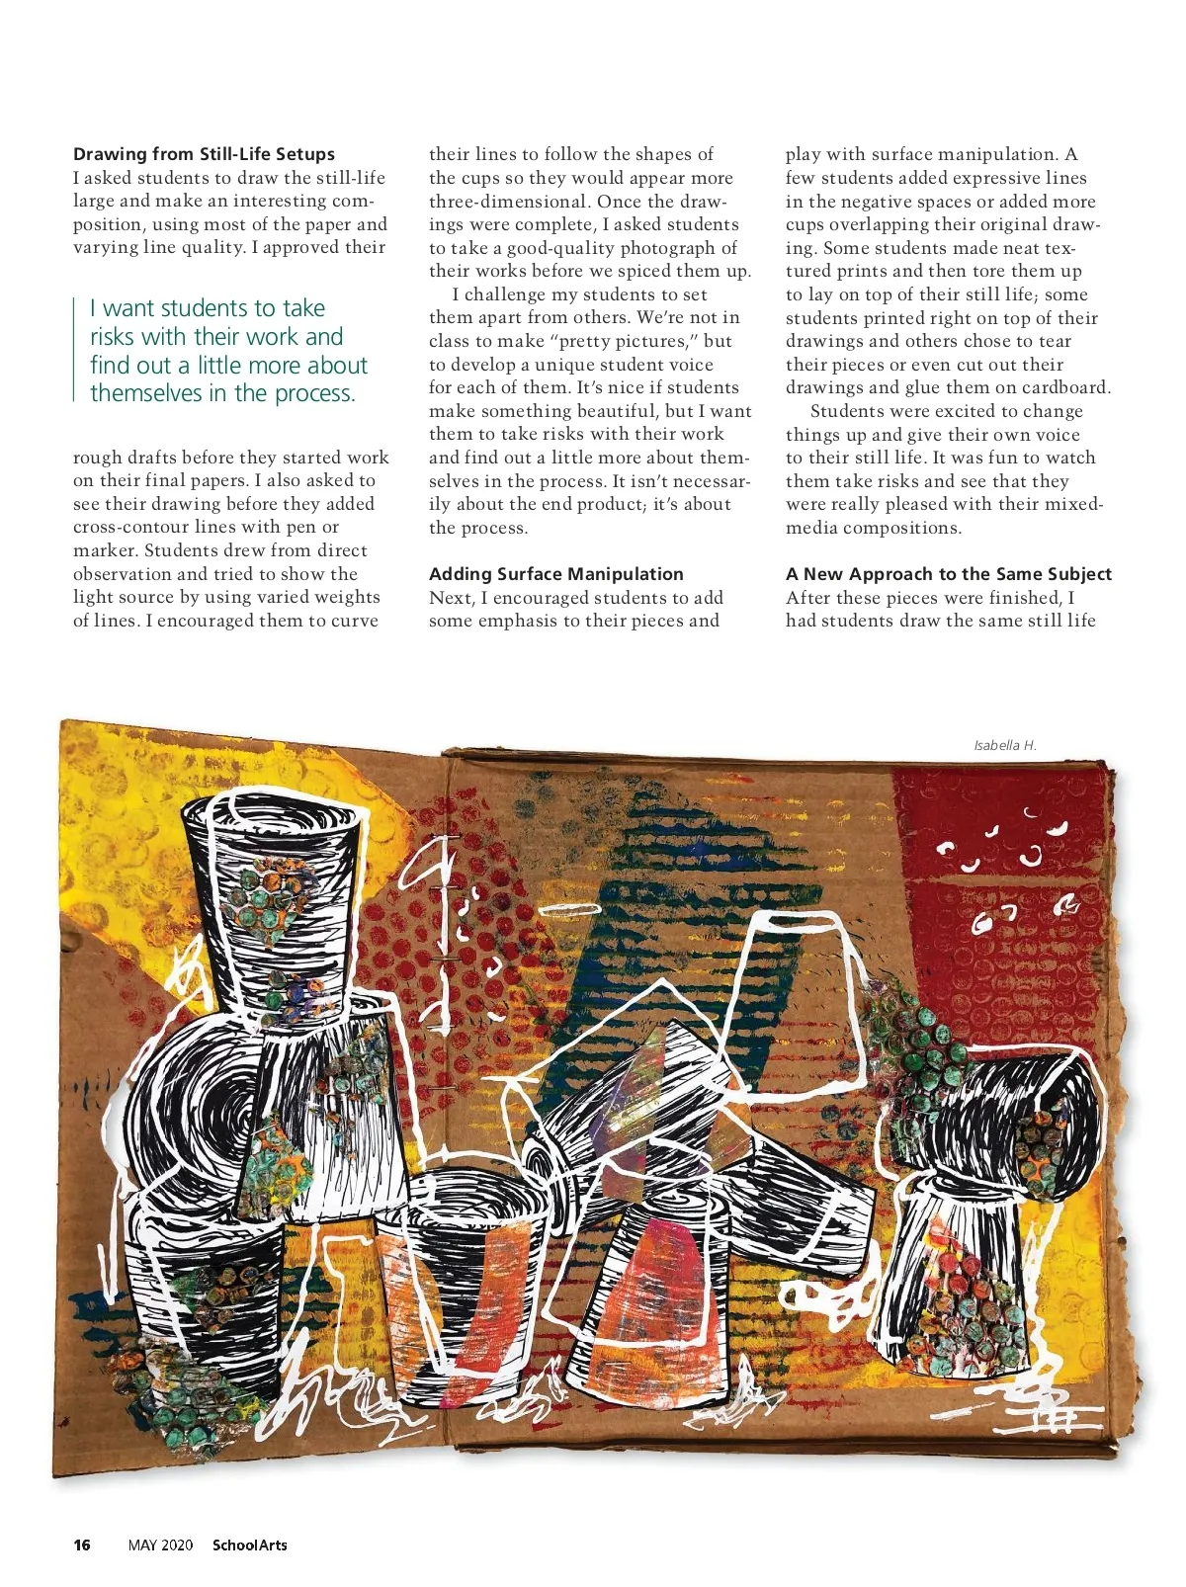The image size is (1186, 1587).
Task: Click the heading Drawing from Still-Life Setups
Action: tap(204, 154)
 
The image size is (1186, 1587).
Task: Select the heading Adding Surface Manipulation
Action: tap(555, 574)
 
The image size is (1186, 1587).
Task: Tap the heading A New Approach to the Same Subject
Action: tap(948, 574)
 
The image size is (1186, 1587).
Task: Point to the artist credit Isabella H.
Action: tap(1004, 745)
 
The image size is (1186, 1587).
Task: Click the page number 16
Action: tap(82, 1545)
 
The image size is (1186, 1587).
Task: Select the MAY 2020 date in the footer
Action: tap(160, 1545)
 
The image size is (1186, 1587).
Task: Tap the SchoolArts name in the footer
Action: tap(250, 1545)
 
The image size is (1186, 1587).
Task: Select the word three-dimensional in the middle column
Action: tap(504, 202)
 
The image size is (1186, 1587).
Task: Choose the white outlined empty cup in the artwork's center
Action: tap(791, 988)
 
